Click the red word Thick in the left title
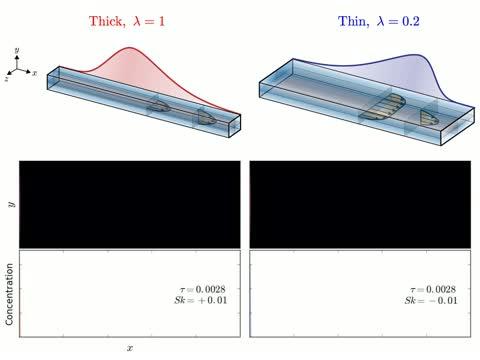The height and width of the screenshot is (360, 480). point(106,22)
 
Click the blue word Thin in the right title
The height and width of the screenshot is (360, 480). point(352,22)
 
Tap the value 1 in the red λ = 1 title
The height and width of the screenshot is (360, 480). point(161,22)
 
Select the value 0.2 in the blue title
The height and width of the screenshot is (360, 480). point(411,22)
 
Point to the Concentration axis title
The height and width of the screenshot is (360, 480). point(9,294)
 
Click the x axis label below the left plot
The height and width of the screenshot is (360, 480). point(130,348)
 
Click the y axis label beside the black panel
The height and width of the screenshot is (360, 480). point(12,204)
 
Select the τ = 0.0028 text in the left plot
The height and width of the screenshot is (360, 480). point(203,289)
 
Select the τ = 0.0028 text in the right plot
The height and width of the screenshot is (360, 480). point(433,289)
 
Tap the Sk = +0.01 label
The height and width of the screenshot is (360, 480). point(201,300)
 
